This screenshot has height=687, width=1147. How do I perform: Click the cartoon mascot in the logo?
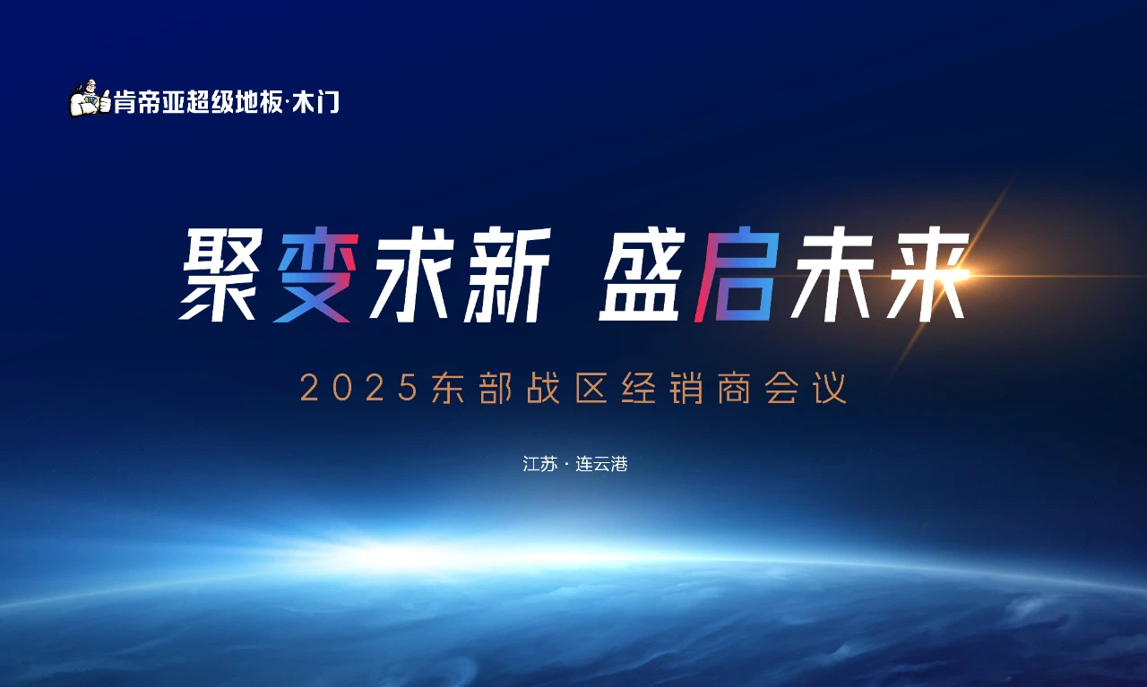click(91, 99)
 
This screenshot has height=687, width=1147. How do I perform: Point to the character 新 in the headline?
click(507, 274)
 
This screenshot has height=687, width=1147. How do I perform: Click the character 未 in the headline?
click(832, 274)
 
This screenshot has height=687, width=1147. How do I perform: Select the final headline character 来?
click(927, 274)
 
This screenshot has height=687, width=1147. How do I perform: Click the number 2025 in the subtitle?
click(359, 389)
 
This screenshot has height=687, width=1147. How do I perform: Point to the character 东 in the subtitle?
click(447, 389)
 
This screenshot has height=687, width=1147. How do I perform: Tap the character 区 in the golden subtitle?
click(591, 389)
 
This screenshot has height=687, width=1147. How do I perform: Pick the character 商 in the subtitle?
click(734, 389)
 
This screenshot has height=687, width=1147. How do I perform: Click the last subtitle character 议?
click(831, 389)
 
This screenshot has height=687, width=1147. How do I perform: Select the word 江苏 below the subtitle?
click(539, 464)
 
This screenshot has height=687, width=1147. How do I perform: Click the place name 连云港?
click(601, 464)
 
